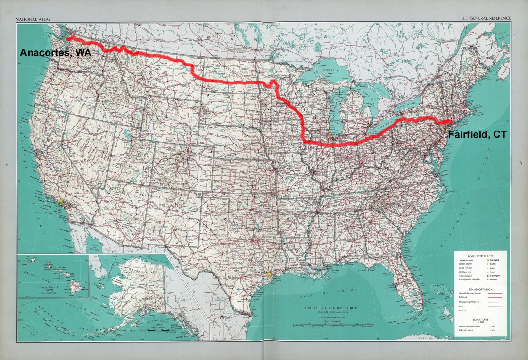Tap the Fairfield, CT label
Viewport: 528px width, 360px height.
[x=476, y=135]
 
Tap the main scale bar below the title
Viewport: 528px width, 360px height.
[x=326, y=322]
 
